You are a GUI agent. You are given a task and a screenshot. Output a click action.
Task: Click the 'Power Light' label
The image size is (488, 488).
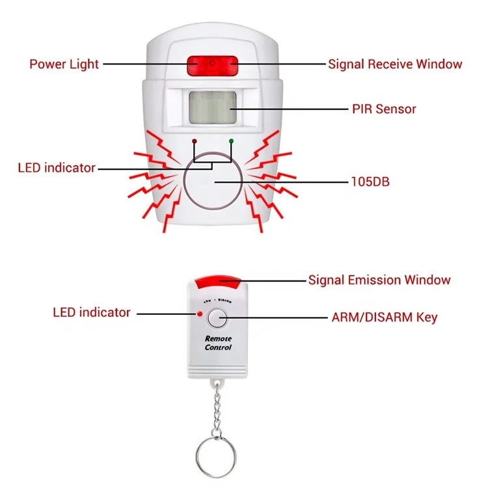(64, 64)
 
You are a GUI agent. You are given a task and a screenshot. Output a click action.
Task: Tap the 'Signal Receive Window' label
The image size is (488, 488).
(395, 64)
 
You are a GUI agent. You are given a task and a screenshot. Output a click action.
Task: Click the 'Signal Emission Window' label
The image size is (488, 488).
(379, 280)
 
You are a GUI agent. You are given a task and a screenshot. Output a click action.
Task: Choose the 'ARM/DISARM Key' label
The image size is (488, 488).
(385, 318)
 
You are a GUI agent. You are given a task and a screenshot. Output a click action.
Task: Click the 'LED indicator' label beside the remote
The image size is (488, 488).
(92, 312)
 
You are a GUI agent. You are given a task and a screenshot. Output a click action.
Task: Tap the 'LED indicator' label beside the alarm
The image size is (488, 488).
(57, 168)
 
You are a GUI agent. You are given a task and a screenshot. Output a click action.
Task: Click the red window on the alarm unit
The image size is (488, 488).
(212, 64)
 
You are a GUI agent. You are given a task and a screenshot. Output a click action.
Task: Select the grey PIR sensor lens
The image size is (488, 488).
(212, 107)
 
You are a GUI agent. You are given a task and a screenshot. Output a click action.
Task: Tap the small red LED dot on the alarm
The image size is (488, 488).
(194, 140)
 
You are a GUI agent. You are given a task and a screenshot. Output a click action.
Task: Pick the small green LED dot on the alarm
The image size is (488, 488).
(230, 140)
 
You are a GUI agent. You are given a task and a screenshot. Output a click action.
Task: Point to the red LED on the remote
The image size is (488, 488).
(200, 315)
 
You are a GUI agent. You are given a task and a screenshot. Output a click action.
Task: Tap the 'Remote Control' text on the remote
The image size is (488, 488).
(218, 343)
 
